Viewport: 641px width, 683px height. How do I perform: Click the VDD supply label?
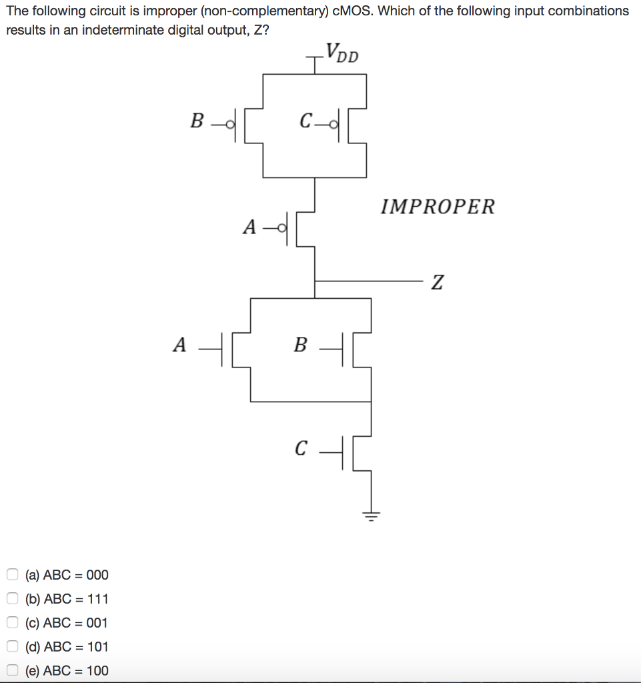[342, 52]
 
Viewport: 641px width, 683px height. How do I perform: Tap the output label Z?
[436, 282]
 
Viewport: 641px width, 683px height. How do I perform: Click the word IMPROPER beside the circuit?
[438, 207]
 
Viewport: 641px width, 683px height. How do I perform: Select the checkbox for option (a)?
[13, 574]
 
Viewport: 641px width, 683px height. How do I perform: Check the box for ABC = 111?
[13, 598]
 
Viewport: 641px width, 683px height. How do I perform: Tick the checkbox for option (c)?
[13, 622]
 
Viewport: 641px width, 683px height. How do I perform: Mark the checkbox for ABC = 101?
[13, 646]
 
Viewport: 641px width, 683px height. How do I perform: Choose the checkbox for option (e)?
[13, 670]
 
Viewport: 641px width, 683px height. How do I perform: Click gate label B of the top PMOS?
[197, 121]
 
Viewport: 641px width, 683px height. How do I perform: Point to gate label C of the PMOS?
[305, 121]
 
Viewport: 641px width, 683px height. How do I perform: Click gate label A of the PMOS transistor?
[249, 227]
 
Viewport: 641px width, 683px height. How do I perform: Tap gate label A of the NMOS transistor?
[179, 345]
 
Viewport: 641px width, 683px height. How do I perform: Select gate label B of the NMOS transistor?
[300, 345]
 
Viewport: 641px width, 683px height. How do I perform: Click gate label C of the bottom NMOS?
[301, 448]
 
